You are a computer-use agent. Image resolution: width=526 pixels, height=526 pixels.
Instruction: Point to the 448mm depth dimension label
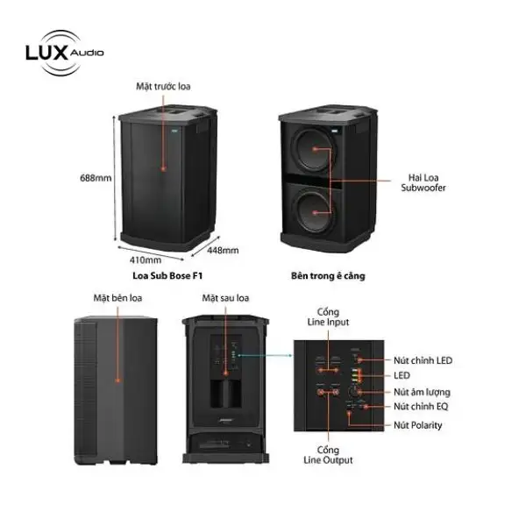coord(223,250)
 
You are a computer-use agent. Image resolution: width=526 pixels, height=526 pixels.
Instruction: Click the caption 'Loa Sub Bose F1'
coord(160,275)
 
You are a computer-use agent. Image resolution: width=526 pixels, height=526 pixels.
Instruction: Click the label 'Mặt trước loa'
coord(163,86)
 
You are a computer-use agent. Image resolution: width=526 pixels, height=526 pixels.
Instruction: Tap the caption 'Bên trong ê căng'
coord(328,275)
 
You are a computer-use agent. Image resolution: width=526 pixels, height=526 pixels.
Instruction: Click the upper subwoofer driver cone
coord(314,151)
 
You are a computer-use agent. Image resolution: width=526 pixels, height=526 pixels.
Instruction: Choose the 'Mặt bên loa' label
coord(117,298)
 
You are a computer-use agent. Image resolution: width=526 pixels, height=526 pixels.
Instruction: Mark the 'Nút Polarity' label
coord(416,425)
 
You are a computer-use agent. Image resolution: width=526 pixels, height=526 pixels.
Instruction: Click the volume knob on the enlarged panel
coord(356,392)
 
